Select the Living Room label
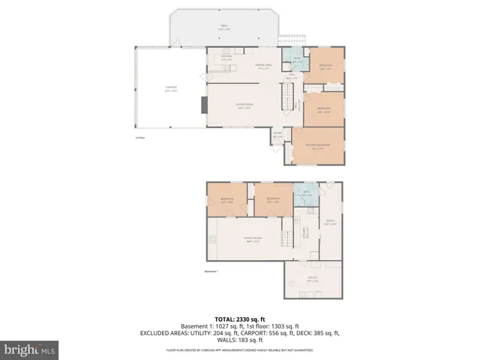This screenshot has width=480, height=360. coord(244,106)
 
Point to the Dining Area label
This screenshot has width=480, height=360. coord(241,67)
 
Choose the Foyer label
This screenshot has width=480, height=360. coord(277,136)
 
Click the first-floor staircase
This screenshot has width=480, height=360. coord(286,96)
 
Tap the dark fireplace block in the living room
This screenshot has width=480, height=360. coord(203,104)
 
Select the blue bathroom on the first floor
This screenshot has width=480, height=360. coord(297,61)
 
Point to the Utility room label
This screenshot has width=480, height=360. coord(312,279)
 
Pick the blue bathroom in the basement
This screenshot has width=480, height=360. coord(305,193)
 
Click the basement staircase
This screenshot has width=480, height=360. coord(286,238)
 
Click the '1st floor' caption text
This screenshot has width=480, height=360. coord(139,137)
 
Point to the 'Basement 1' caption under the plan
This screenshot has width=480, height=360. coord(211,271)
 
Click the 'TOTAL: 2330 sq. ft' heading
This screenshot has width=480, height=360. coord(239,319)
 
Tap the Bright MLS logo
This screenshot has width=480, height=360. coord(30,349)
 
